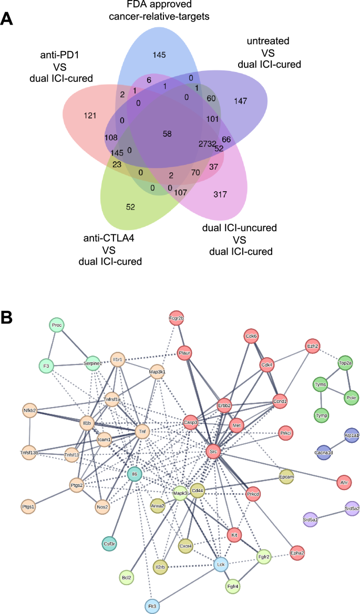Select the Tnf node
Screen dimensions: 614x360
coord(141,432)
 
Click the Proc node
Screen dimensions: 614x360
coord(57,325)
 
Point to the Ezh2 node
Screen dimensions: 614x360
coord(314,346)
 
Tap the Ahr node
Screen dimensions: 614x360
coord(345,481)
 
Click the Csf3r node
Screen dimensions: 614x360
coord(109,544)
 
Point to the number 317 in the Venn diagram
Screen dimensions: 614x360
coord(220,195)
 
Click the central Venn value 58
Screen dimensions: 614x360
coord(168,134)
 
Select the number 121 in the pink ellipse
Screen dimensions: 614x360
coord(90,115)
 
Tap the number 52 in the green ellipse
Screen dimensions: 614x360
coord(130,207)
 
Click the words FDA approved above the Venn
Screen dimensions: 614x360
coord(159,6)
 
